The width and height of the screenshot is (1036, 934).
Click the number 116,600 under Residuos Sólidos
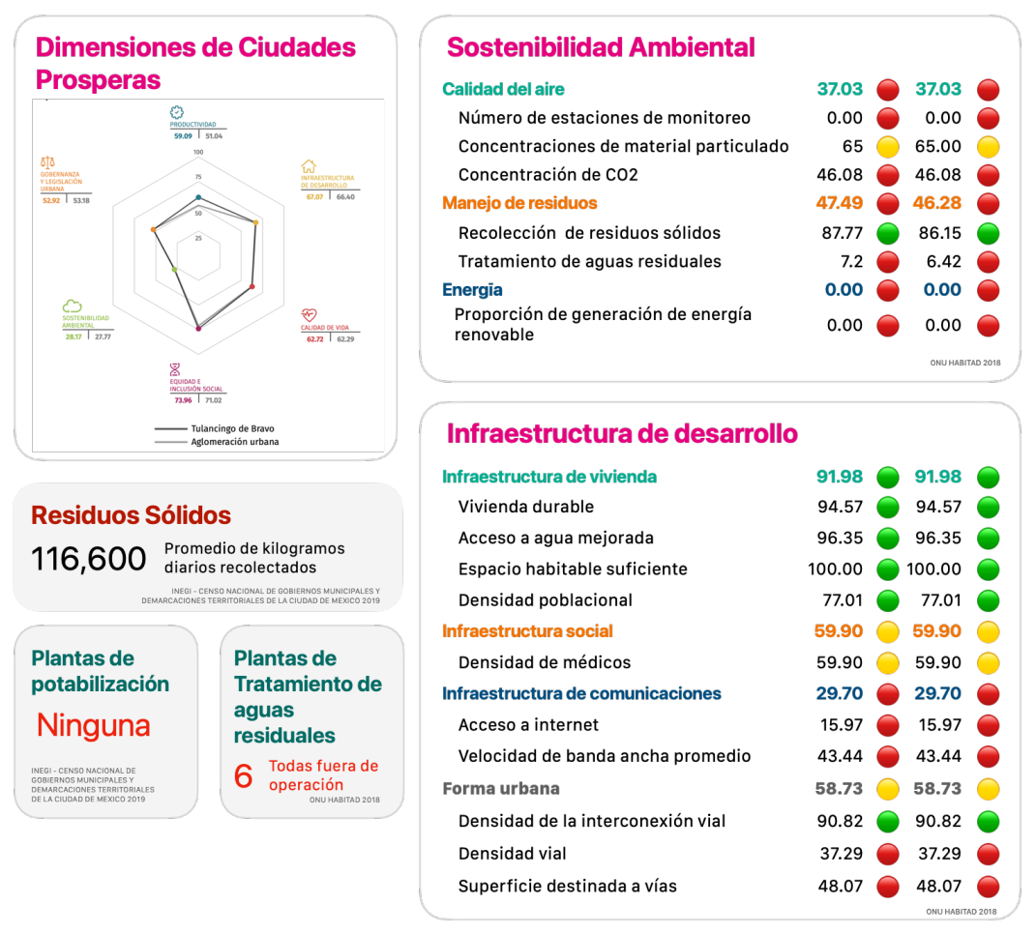pos(89,559)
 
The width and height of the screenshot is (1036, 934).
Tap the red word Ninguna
pos(94,725)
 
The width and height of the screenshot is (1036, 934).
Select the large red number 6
pos(244,775)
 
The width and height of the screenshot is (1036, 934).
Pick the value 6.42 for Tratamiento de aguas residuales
pos(943,261)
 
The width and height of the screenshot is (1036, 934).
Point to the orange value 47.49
pos(840,203)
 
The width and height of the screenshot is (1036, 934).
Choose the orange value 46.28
pos(937,203)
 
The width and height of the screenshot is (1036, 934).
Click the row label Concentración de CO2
pos(548,175)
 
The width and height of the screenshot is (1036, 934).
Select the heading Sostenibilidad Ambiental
pos(601,47)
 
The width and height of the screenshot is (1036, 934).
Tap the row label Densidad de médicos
pos(545,662)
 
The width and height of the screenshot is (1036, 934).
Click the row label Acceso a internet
pos(528,724)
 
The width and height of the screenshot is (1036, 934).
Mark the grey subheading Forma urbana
pos(501,788)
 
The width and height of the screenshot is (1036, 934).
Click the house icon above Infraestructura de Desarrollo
pos(309,166)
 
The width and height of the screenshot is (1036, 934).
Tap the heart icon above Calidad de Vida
pos(309,314)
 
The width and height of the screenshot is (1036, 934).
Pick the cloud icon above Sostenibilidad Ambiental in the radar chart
pos(71,306)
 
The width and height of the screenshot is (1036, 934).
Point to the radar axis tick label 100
pos(198,153)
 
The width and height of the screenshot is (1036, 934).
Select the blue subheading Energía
pos(472,290)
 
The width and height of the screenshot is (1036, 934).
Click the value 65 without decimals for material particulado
pos(852,147)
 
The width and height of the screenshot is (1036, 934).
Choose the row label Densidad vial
pos(513,854)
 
